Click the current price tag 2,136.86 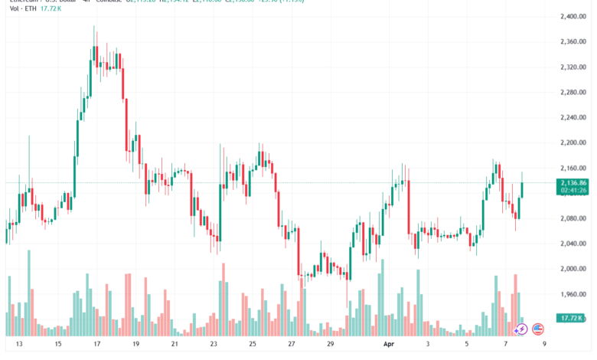pos(573,183)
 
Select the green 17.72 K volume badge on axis pos(572,318)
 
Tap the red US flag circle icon pos(537,329)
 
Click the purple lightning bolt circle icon pos(520,329)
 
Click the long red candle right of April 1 pos(409,207)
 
